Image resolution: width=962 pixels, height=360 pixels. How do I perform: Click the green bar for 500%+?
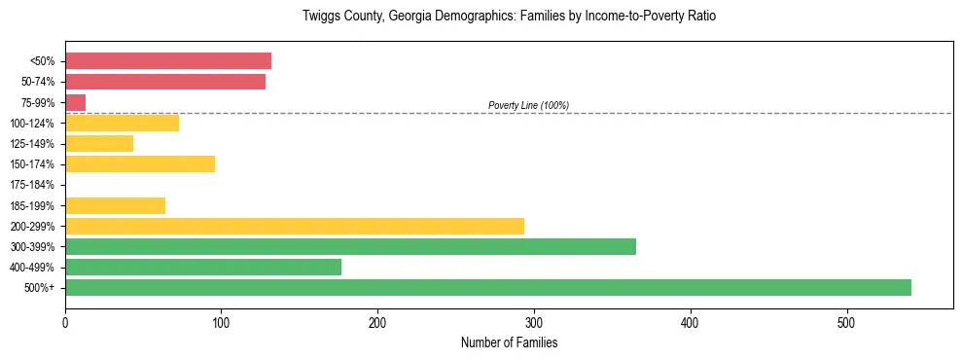(x=487, y=288)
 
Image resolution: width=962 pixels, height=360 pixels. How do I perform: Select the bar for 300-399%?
(x=350, y=246)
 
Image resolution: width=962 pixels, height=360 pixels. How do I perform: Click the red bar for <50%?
(x=167, y=60)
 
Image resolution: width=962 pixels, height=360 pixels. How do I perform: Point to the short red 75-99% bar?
(x=75, y=102)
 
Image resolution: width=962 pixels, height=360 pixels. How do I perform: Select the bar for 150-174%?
(x=139, y=163)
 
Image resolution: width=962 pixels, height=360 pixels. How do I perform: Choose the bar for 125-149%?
(x=98, y=143)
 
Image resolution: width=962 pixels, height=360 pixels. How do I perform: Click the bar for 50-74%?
(x=164, y=82)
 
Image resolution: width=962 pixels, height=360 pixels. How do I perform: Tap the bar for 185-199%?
(x=115, y=205)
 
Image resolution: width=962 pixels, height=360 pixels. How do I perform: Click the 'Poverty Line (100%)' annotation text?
(x=528, y=105)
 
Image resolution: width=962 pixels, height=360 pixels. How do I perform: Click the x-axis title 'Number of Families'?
(x=509, y=343)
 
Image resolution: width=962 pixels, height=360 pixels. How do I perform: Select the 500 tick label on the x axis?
(x=846, y=322)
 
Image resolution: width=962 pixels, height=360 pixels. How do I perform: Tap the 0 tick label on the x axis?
(x=65, y=322)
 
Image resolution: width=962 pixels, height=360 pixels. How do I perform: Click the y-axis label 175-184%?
(x=32, y=185)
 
